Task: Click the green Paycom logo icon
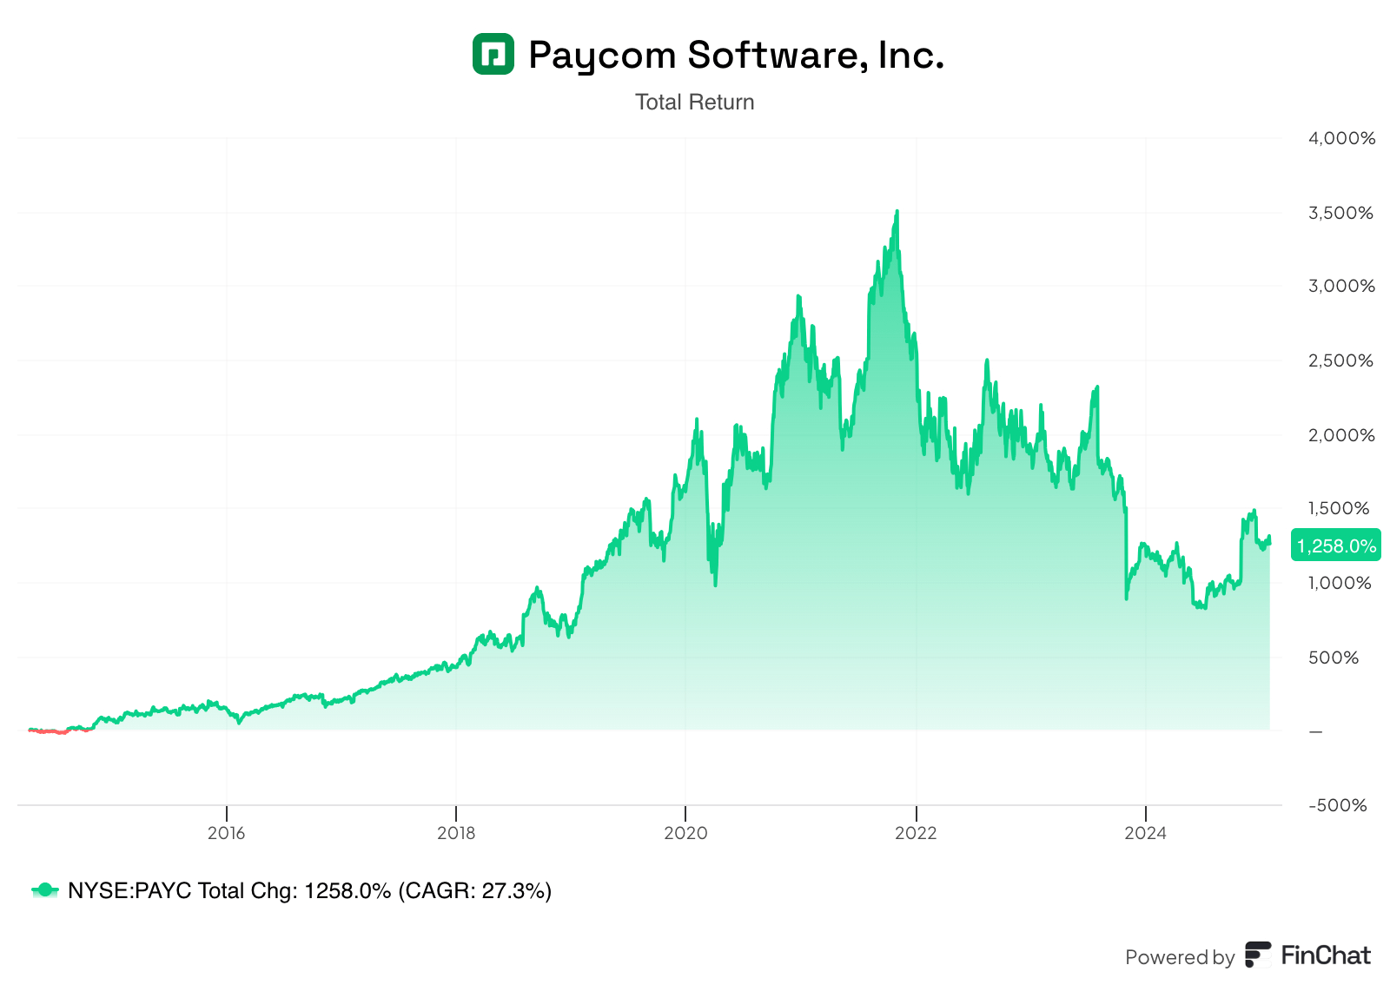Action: [x=493, y=54]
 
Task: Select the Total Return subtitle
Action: [x=694, y=102]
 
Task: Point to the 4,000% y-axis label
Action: [x=1341, y=139]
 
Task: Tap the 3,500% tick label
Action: [x=1340, y=213]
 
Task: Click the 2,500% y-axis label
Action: [x=1340, y=360]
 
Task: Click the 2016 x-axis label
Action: [x=226, y=834]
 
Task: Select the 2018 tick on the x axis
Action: [x=456, y=834]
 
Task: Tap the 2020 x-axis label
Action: [x=685, y=834]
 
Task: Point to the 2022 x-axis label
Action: [x=916, y=834]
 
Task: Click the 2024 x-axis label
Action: [x=1145, y=834]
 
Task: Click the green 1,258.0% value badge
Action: [x=1335, y=545]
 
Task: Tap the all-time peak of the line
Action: [x=897, y=211]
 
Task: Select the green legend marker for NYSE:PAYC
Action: [x=44, y=890]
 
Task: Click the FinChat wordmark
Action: [x=1325, y=956]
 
